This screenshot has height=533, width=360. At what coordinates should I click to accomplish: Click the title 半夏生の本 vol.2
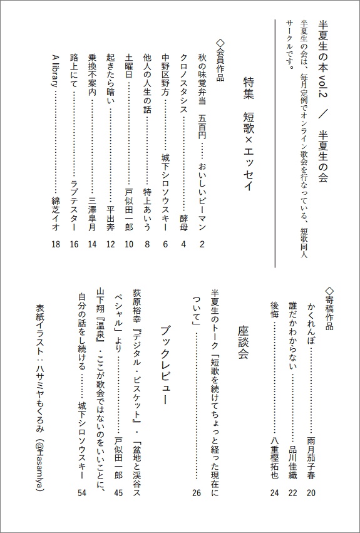(324, 65)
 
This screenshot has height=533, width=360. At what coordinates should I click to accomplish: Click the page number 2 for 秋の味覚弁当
(202, 244)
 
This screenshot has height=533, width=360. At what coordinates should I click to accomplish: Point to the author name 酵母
(183, 223)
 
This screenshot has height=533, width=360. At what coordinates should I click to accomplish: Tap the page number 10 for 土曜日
(129, 244)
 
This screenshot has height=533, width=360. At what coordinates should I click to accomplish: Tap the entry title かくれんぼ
(311, 323)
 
